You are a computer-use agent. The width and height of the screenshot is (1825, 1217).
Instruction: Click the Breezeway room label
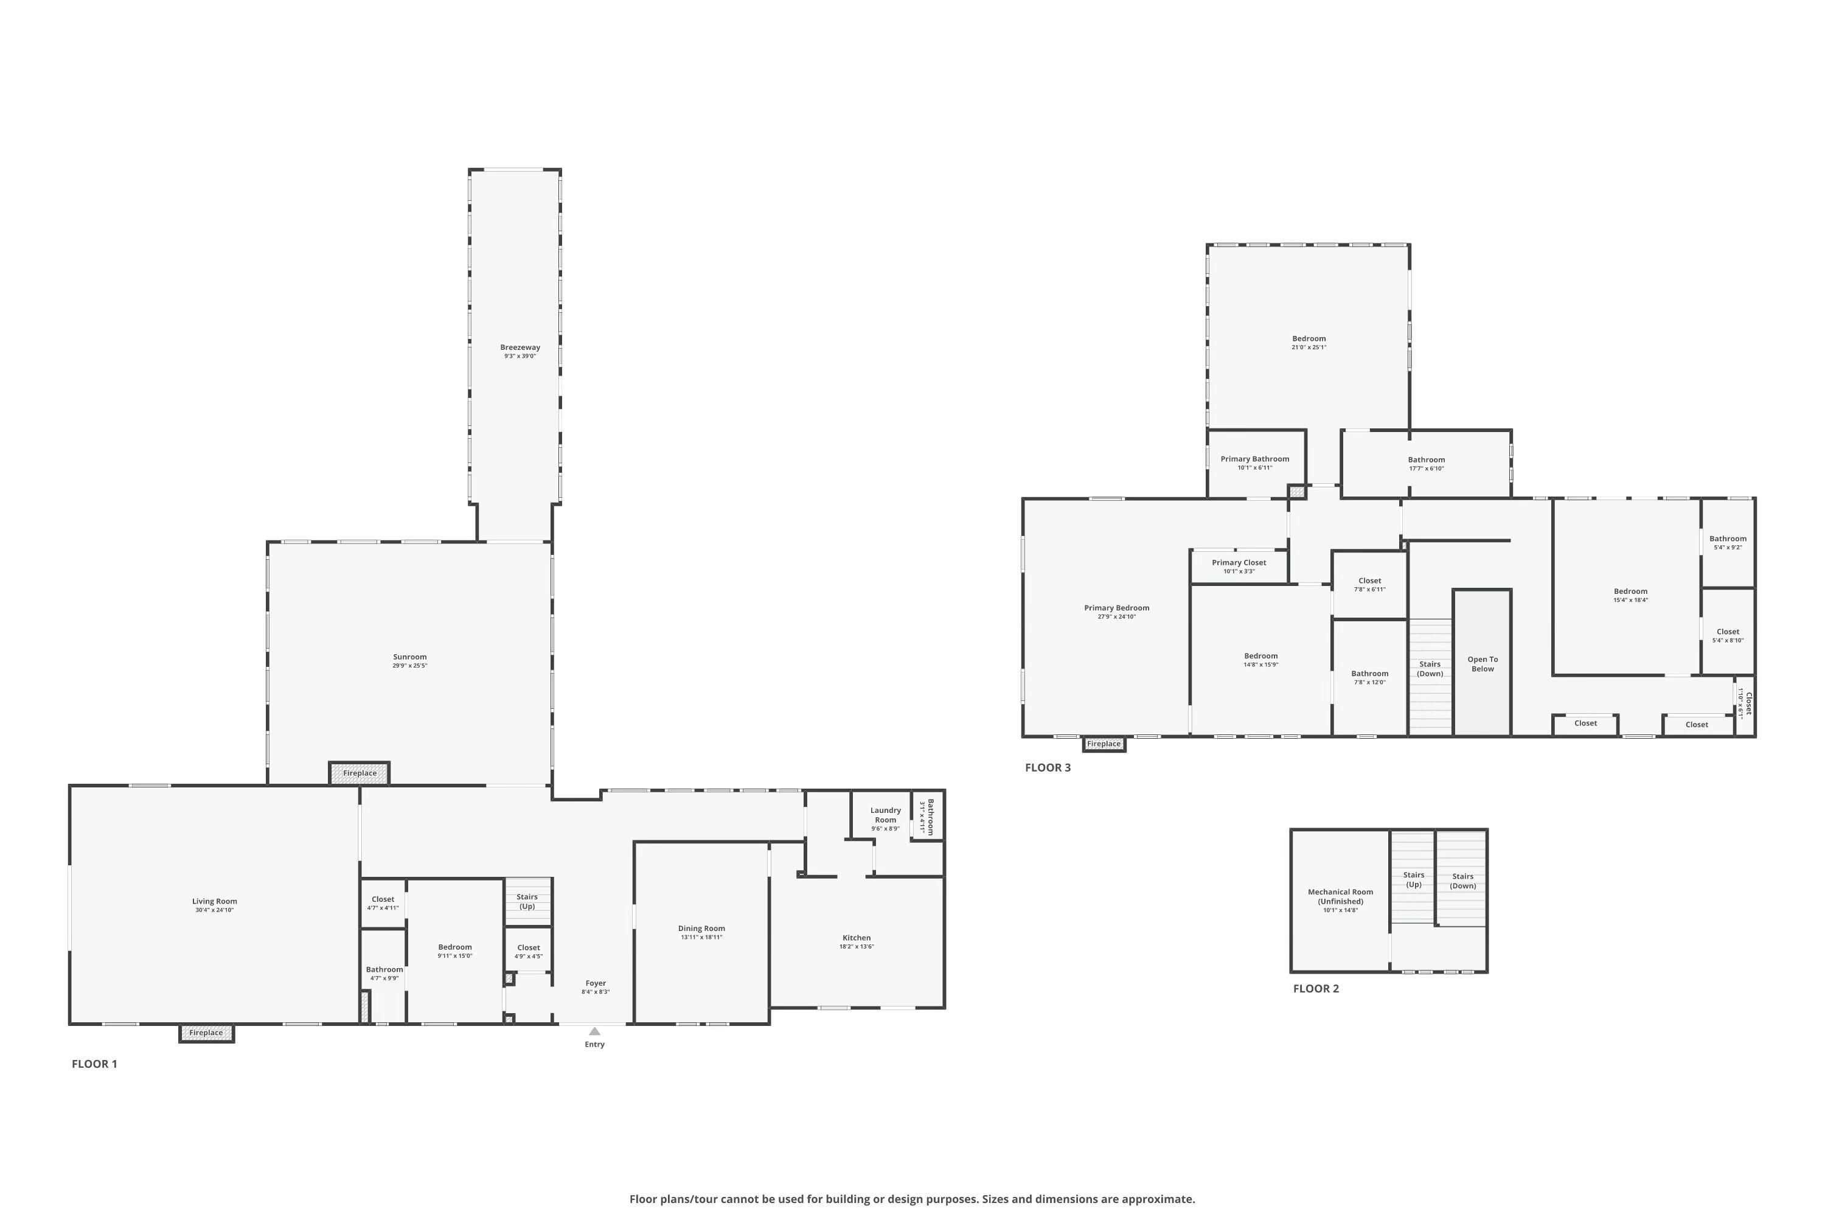(520, 347)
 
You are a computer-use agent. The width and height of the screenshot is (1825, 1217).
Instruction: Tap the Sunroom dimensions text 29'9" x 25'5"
(409, 666)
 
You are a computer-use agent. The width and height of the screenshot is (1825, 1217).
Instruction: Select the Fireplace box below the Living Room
(206, 1033)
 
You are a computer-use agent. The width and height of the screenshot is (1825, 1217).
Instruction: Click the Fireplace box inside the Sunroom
(360, 773)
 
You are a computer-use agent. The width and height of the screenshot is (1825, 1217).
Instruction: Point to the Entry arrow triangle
(594, 1031)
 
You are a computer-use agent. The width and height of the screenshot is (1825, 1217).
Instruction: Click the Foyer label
(595, 983)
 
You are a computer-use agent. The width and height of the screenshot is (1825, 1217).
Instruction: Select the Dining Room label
(701, 929)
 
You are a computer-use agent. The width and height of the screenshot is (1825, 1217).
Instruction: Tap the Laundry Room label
(885, 815)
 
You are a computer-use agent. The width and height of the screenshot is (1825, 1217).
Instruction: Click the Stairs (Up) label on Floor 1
(527, 901)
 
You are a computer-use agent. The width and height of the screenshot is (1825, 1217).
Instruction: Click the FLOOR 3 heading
(1048, 767)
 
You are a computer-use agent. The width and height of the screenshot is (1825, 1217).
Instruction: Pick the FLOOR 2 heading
(1316, 989)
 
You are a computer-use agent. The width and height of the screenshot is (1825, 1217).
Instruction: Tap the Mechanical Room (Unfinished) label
(1340, 896)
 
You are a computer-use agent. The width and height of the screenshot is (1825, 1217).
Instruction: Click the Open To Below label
(1482, 664)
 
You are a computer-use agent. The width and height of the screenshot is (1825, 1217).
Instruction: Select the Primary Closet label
(1239, 563)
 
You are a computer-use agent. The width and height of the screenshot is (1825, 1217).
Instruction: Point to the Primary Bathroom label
(1254, 459)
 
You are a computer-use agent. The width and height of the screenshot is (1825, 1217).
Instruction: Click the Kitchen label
(857, 938)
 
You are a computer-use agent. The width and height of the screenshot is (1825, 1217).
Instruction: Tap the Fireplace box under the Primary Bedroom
(1104, 744)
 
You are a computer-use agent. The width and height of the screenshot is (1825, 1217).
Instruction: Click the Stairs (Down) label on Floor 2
(1462, 881)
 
